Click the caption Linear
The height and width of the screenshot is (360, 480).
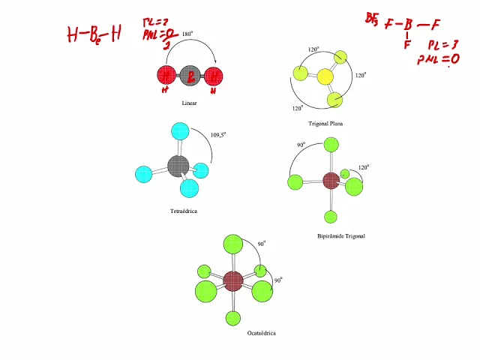tap(189, 103)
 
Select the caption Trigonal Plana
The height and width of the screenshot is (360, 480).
tap(325, 123)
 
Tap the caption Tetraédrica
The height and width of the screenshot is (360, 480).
tap(183, 211)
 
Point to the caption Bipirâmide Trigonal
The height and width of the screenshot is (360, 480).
tap(341, 236)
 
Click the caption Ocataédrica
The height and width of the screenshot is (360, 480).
tap(261, 333)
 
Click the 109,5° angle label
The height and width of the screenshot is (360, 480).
tap(218, 135)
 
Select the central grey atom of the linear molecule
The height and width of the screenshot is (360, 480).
tap(190, 76)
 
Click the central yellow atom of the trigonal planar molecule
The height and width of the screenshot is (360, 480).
tap(325, 76)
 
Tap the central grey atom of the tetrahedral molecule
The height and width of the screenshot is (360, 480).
tap(178, 165)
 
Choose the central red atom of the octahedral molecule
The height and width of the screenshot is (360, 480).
tap(233, 281)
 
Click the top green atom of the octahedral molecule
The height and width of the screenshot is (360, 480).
tap(233, 244)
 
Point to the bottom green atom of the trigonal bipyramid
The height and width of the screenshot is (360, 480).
tap(331, 217)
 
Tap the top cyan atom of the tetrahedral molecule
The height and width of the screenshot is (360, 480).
tap(179, 131)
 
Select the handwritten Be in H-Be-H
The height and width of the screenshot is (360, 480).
tap(96, 34)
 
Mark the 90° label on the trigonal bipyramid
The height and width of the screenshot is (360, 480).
tap(301, 145)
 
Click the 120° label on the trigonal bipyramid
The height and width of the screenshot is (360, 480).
tap(363, 168)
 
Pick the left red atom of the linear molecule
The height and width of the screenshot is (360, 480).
tap(166, 76)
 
